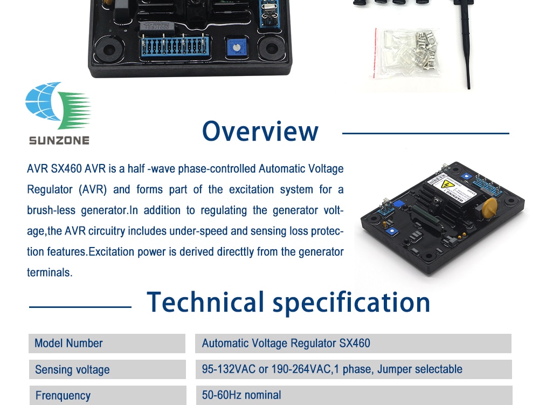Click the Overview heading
(260, 131)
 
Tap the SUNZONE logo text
(59, 140)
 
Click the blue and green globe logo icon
(58, 106)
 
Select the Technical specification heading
(288, 302)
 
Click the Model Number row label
(68, 343)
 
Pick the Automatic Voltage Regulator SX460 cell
(286, 343)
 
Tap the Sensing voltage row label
(72, 369)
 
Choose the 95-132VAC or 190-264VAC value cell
(331, 369)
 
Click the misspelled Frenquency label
(63, 395)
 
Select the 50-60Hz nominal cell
(241, 395)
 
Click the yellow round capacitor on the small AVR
(489, 207)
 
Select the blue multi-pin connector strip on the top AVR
(175, 46)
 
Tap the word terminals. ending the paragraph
(50, 272)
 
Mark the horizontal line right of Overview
(426, 133)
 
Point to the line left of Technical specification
(80, 307)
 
